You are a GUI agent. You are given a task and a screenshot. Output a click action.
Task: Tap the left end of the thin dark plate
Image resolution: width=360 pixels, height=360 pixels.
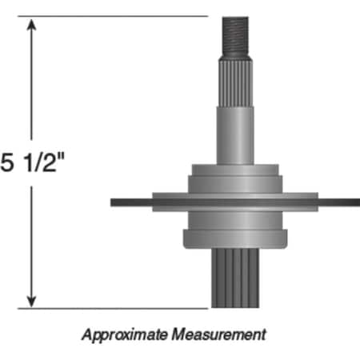(x=117, y=202)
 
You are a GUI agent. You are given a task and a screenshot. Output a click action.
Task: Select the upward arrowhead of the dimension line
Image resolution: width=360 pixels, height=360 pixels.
(x=32, y=25)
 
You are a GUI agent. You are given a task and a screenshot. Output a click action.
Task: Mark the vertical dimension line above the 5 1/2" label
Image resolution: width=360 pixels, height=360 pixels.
(x=32, y=88)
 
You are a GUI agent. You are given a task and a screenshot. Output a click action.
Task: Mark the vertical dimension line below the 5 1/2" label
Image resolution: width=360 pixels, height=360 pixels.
(x=32, y=240)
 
